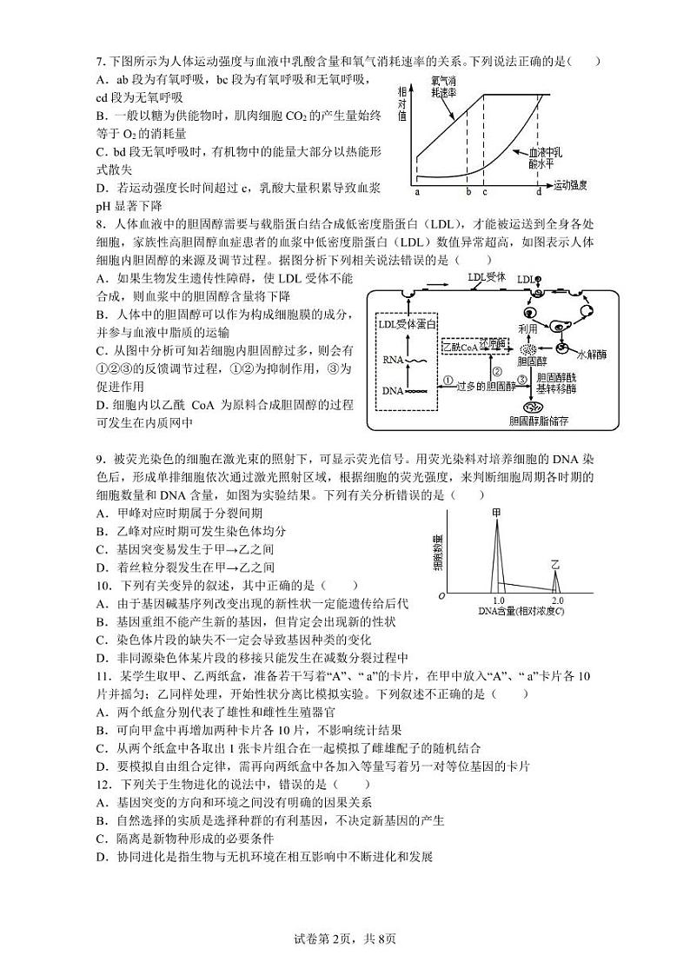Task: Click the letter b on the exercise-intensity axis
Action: point(468,192)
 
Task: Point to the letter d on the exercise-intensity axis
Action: point(539,192)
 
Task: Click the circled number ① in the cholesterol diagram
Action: point(448,379)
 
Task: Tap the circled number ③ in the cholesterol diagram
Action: point(521,379)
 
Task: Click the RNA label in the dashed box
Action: point(394,358)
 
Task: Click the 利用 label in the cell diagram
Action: point(528,329)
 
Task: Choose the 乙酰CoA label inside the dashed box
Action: point(460,346)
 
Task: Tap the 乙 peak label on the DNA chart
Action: point(555,565)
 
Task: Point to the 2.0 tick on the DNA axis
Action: point(558,600)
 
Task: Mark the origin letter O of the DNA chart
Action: point(442,596)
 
